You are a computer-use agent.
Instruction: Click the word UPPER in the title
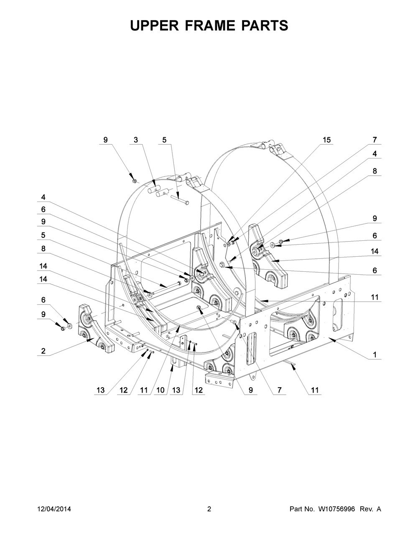(x=154, y=26)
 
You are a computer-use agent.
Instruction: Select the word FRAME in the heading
(x=209, y=26)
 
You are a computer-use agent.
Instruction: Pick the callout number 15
(x=327, y=140)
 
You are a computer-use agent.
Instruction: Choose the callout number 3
(x=135, y=140)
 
